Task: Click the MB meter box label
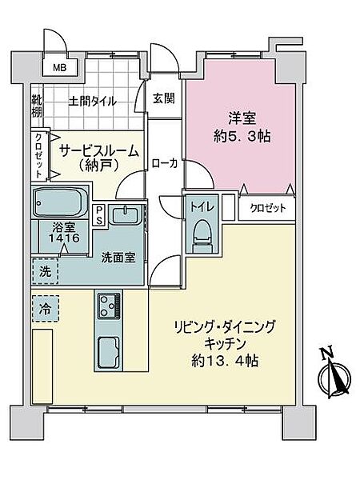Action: pyautogui.click(x=60, y=68)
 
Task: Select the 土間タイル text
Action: pyautogui.click(x=93, y=102)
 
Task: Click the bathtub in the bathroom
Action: pyautogui.click(x=60, y=202)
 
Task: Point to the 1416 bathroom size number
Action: pyautogui.click(x=57, y=238)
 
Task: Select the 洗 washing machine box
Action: pyautogui.click(x=46, y=271)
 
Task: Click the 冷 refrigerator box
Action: pyautogui.click(x=46, y=306)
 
